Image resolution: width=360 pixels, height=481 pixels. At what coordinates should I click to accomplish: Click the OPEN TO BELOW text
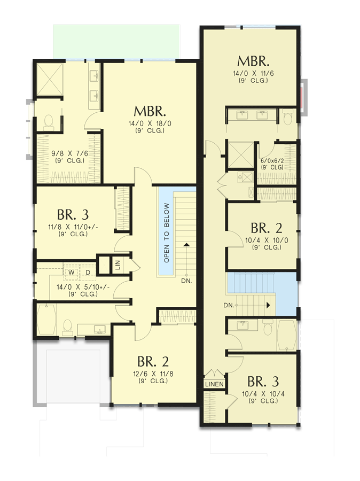coord(167,232)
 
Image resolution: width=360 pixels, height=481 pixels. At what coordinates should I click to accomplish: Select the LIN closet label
coord(118,263)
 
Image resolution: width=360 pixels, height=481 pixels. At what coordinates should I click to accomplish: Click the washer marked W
coord(71,273)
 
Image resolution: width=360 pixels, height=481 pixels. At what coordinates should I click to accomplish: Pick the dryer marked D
coord(87,273)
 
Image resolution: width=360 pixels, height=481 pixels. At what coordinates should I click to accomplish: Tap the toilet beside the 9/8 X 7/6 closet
coord(48,122)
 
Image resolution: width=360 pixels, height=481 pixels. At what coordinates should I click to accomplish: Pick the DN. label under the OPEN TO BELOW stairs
coord(186,280)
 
